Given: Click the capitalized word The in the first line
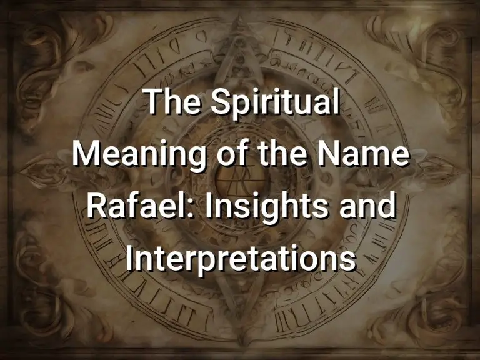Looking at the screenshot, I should point(174,103).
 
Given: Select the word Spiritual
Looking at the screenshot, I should point(277,104).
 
